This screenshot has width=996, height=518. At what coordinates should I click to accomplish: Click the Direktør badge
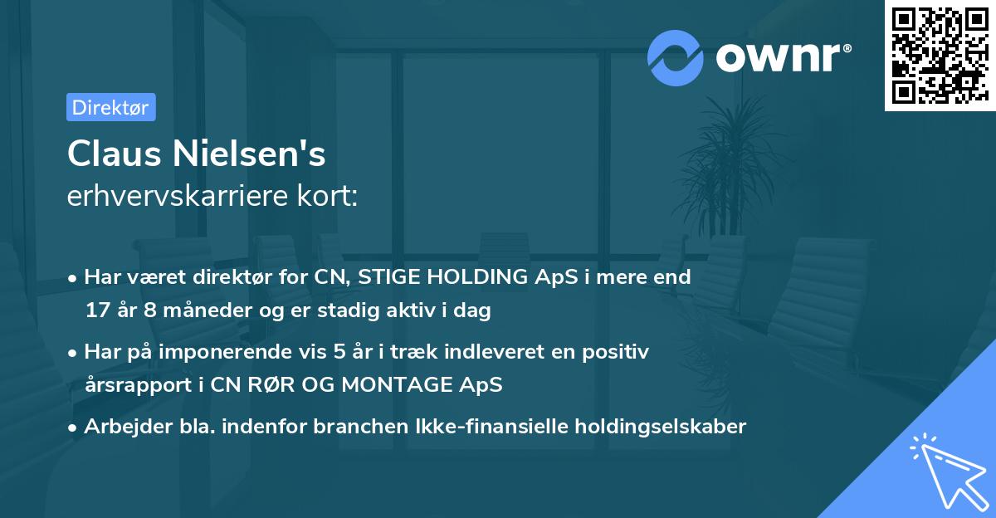(x=110, y=107)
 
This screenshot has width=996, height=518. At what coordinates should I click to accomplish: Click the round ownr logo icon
(x=676, y=57)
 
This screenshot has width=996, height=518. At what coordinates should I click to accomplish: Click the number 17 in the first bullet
(x=97, y=311)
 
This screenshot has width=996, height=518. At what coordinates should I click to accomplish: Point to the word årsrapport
(x=133, y=385)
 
